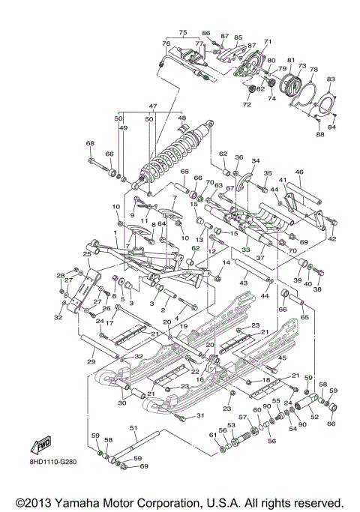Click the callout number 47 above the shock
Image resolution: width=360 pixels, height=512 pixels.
coord(152,106)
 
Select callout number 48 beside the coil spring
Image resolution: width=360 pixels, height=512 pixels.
coord(181,118)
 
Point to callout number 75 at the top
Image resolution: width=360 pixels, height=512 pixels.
coord(181,33)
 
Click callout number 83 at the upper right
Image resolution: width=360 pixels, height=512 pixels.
coord(331,79)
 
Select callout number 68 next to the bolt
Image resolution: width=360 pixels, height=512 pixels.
coord(90,143)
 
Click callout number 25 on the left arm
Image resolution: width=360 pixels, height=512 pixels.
coord(86,255)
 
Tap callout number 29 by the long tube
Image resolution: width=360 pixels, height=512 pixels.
coord(91,362)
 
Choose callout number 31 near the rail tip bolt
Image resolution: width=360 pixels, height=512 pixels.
coord(200,416)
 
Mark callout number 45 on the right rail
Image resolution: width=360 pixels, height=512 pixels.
coord(282,358)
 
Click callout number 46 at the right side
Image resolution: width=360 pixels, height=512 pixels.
coord(298,173)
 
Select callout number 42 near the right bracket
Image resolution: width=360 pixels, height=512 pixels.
coord(331,238)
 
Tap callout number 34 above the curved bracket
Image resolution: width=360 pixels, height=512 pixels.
coord(255,161)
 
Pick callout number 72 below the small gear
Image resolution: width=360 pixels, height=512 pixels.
coord(247,104)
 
